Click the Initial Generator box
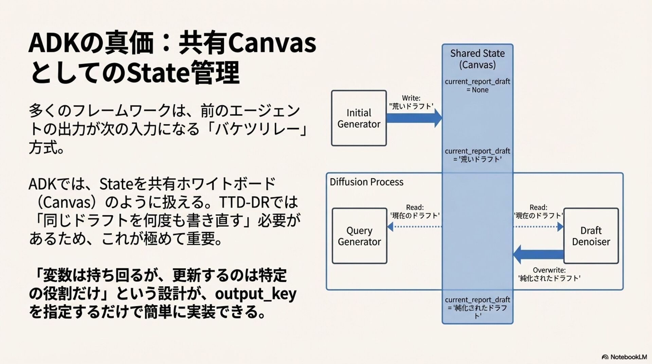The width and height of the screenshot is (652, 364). pyautogui.click(x=359, y=118)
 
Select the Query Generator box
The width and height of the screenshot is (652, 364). pyautogui.click(x=359, y=236)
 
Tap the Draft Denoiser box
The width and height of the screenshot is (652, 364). pyautogui.click(x=591, y=236)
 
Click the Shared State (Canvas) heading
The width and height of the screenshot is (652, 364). pyautogui.click(x=477, y=59)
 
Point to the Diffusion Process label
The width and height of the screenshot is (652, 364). pyautogui.click(x=366, y=182)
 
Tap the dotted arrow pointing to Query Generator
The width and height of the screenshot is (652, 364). pyautogui.click(x=414, y=226)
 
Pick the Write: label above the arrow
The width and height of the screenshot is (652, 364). pyautogui.click(x=411, y=98)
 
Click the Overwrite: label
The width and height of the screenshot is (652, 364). pyautogui.click(x=549, y=270)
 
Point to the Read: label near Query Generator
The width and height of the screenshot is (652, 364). pyautogui.click(x=415, y=207)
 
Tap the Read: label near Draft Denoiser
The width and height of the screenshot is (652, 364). pyautogui.click(x=538, y=207)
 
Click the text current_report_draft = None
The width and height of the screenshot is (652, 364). pyautogui.click(x=477, y=86)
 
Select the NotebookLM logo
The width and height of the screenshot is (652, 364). pyautogui.click(x=624, y=357)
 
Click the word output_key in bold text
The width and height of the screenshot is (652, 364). pyautogui.click(x=255, y=294)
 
